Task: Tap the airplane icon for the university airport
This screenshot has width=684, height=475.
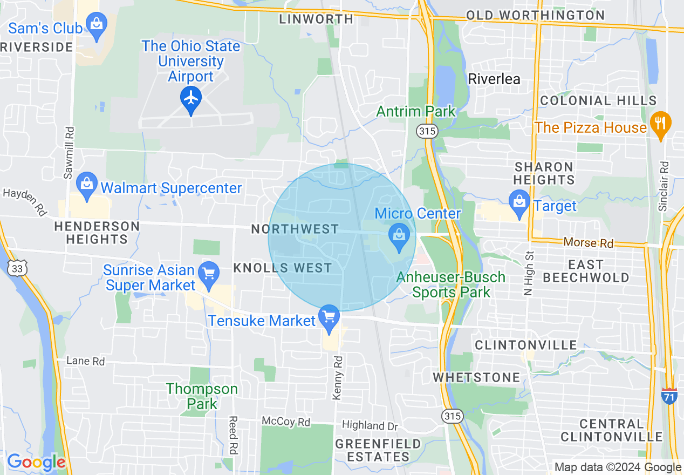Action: (x=191, y=99)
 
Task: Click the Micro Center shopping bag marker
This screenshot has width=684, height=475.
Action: (x=399, y=237)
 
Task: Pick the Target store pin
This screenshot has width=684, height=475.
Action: (x=519, y=204)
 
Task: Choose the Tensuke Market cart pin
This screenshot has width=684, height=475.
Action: (x=329, y=318)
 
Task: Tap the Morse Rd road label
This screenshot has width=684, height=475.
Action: (x=589, y=243)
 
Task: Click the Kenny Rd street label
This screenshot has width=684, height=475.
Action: (x=338, y=377)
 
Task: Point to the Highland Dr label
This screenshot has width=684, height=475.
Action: (x=370, y=426)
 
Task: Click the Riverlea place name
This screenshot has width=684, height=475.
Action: (x=494, y=79)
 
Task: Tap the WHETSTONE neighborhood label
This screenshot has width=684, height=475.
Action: (x=477, y=377)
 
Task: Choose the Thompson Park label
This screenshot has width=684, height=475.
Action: (x=202, y=396)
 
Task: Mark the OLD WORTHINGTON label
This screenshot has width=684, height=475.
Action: (x=535, y=15)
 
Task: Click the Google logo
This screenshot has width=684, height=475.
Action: (x=36, y=463)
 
